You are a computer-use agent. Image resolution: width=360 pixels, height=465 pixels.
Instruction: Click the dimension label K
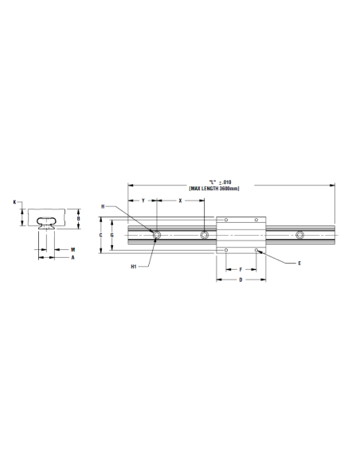(14, 202)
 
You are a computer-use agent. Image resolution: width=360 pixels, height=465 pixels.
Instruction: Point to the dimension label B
(79, 218)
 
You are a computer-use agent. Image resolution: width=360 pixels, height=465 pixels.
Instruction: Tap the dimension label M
(73, 250)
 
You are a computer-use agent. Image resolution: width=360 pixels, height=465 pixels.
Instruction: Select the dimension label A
(73, 258)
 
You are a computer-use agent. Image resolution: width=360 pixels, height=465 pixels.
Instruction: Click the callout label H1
(134, 267)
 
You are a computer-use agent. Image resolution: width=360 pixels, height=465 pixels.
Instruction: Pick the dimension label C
(101, 235)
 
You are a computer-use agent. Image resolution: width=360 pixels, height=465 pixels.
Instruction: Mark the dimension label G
(112, 235)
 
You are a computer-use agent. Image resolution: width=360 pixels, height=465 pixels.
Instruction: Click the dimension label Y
(143, 201)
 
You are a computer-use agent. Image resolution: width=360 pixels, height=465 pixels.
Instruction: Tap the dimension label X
(180, 201)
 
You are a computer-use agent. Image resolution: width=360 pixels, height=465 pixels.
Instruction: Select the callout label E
(299, 263)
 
